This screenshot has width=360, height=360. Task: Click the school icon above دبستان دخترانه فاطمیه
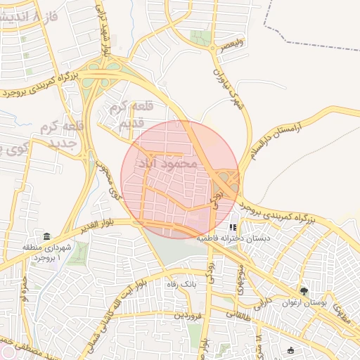pyautogui.click(x=233, y=228)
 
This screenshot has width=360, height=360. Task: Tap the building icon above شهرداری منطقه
pyautogui.click(x=46, y=236)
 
